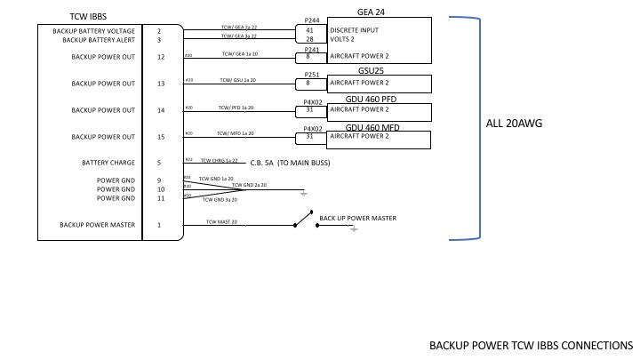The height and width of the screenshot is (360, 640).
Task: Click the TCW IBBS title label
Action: click(89, 16)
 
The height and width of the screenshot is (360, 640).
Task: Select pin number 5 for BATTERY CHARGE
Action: click(160, 163)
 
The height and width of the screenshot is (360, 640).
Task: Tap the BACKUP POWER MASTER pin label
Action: click(97, 225)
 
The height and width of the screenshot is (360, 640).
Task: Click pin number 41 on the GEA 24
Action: click(310, 30)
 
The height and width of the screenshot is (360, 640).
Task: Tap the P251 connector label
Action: click(312, 75)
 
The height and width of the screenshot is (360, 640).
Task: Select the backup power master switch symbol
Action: click(304, 220)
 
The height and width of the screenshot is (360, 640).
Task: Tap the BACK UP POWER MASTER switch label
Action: click(357, 218)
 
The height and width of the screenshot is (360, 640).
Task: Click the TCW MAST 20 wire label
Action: click(221, 221)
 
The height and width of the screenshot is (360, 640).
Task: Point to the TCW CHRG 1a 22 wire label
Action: click(218, 160)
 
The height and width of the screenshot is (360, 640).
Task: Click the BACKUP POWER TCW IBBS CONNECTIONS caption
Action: click(531, 345)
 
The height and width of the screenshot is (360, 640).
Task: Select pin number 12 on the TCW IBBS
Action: click(160, 57)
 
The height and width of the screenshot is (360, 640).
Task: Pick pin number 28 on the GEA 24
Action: click(310, 40)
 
